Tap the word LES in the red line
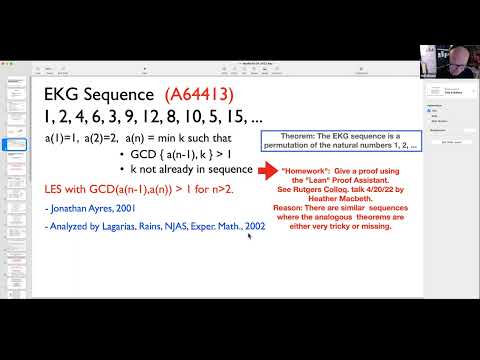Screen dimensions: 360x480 click(x=57, y=187)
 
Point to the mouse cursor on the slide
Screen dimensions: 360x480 click(x=249, y=237)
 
